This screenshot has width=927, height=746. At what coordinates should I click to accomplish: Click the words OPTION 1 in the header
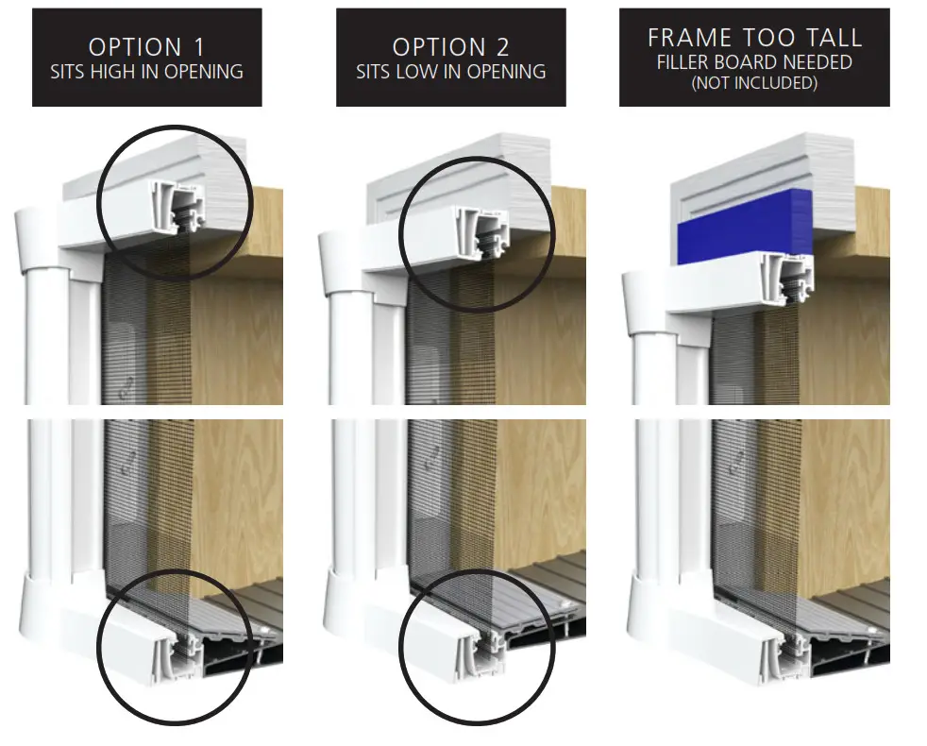point(146,47)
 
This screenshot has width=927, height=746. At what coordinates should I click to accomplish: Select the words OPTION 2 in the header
point(450,47)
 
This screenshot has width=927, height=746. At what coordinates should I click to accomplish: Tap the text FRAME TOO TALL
point(754,38)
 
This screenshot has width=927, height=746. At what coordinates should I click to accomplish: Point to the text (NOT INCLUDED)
point(754,83)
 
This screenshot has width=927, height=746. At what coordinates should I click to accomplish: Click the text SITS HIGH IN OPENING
point(146,72)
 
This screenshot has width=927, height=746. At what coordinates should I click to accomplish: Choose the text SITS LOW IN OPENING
point(450,72)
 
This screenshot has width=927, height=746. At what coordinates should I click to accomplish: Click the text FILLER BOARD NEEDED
point(754,62)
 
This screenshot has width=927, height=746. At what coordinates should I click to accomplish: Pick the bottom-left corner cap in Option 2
point(348,600)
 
